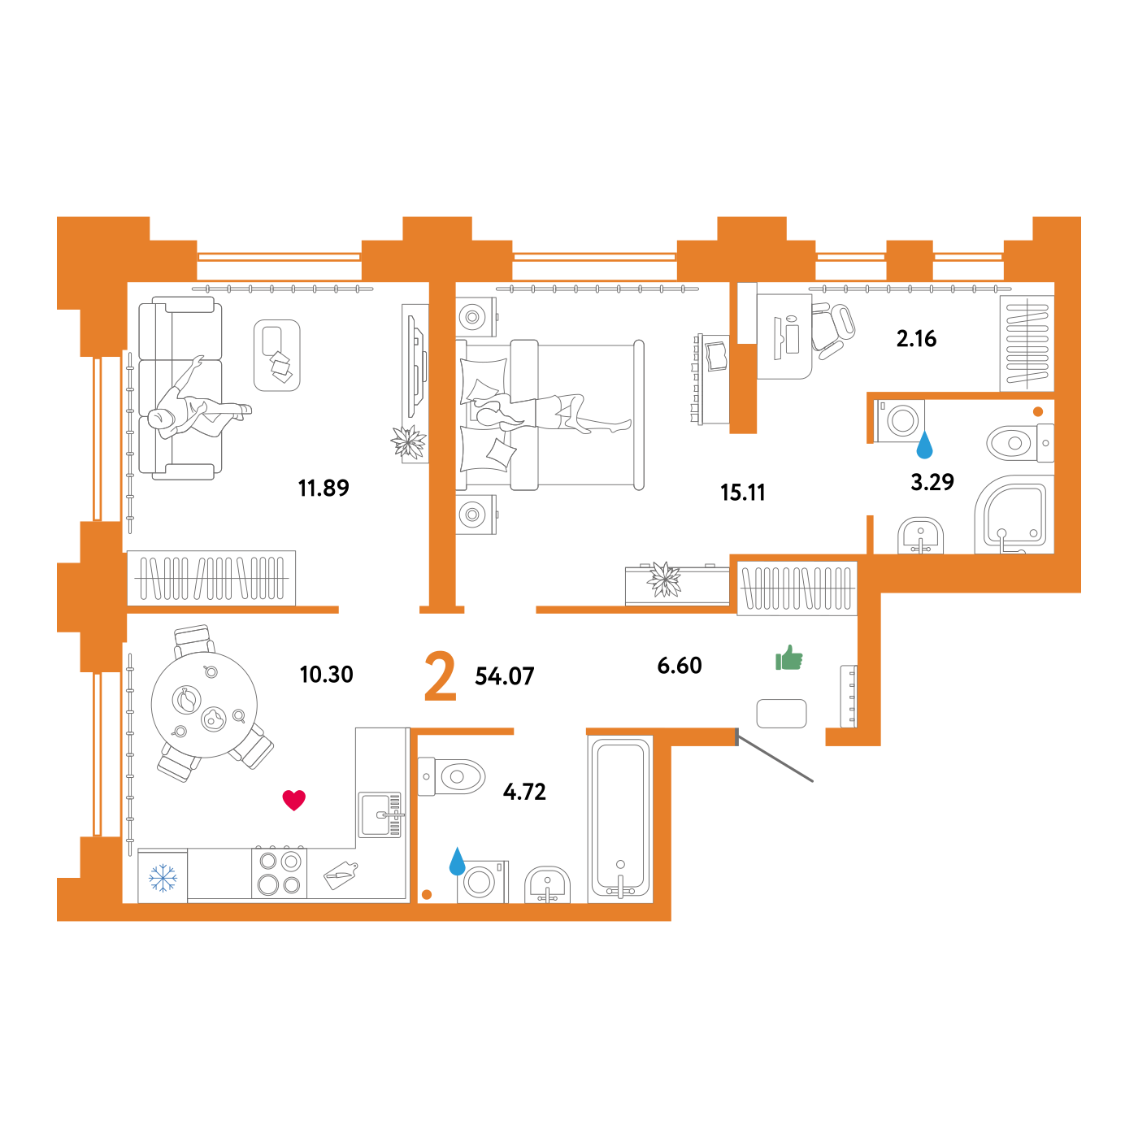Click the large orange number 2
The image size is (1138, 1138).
(x=440, y=675)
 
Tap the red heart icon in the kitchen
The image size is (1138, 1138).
(x=293, y=800)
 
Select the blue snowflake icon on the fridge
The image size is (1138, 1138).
(x=163, y=878)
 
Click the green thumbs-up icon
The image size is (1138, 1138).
(x=789, y=658)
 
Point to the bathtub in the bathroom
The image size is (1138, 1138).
(x=620, y=818)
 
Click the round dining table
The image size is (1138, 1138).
(x=204, y=705)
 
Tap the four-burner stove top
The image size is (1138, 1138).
(x=280, y=873)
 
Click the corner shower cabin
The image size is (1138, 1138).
(x=1014, y=515)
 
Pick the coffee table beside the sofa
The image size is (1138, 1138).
(x=276, y=355)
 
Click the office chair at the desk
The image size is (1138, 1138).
(x=833, y=330)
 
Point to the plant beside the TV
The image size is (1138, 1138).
(x=408, y=442)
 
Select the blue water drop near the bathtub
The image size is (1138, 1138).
(x=458, y=862)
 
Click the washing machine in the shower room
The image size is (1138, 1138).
(x=901, y=421)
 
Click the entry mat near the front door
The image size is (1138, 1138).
(x=781, y=714)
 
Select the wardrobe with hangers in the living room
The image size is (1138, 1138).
(x=211, y=578)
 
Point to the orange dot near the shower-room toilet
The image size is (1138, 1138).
(x=1038, y=411)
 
